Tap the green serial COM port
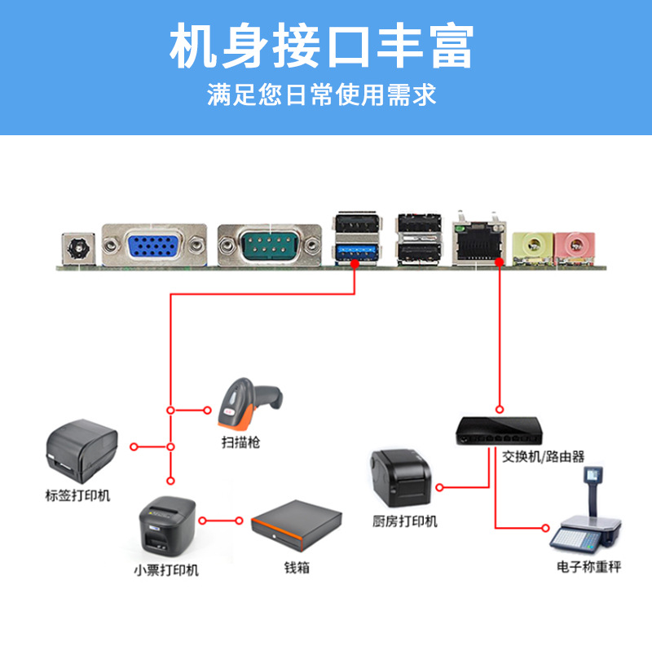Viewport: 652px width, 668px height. click(269, 245)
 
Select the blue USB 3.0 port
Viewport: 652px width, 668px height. click(357, 253)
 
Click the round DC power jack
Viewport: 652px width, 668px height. click(78, 248)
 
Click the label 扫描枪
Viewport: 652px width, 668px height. click(240, 442)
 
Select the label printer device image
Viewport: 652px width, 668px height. click(81, 450)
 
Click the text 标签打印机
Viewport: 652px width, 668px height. click(77, 495)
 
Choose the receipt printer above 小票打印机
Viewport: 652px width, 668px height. click(168, 526)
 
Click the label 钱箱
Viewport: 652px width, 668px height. click(297, 568)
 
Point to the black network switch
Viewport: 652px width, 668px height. click(500, 431)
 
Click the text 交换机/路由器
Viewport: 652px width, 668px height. click(544, 457)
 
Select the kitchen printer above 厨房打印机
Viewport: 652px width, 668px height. click(401, 478)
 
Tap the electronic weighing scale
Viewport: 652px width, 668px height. click(585, 509)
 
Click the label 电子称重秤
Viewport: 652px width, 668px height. click(589, 567)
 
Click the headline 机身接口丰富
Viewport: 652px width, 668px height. click(322, 46)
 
